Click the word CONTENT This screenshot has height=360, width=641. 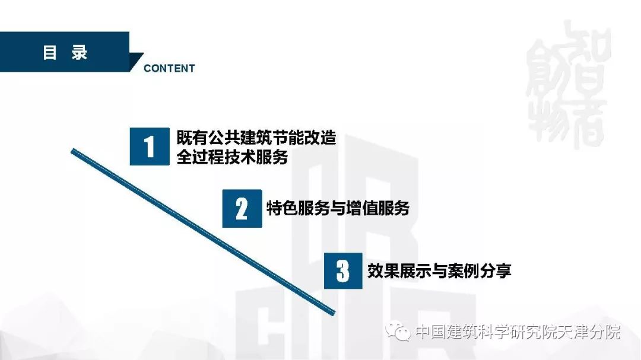(169, 68)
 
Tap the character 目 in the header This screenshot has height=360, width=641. (49, 53)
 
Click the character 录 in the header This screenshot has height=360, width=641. (80, 53)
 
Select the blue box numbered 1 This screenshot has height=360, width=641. (150, 146)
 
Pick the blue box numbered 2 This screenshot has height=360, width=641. (242, 208)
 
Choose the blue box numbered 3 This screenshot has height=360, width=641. (343, 270)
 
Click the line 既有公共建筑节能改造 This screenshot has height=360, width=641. (256, 138)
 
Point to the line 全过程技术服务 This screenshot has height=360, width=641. (232, 157)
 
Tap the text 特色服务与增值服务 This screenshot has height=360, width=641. (338, 208)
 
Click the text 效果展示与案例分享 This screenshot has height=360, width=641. (439, 270)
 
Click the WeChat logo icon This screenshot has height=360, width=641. (398, 330)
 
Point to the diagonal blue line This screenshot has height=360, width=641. (203, 232)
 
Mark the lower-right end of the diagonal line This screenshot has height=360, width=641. (334, 313)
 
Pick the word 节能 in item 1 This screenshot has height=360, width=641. (288, 138)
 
